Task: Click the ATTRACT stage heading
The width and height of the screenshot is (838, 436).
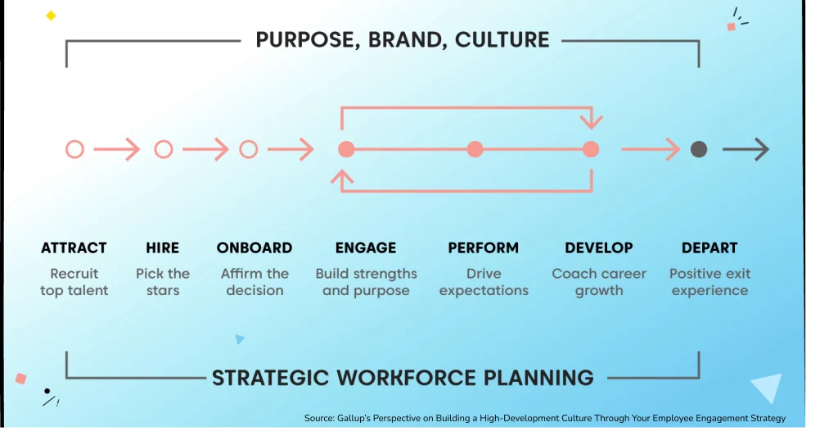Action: (x=74, y=248)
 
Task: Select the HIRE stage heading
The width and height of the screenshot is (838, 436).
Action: (x=163, y=248)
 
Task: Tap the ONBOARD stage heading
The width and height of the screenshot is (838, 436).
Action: (x=255, y=248)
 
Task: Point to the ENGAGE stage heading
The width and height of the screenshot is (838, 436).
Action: (x=366, y=248)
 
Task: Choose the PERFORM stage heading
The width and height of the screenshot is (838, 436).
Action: (x=483, y=248)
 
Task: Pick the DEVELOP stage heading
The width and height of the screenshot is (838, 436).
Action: (x=598, y=248)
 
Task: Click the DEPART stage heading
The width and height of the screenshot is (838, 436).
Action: (x=710, y=248)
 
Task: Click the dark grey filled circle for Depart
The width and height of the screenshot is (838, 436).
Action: (x=699, y=149)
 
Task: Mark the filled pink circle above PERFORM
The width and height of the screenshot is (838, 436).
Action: (x=475, y=149)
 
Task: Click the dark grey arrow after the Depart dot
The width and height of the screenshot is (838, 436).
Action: (x=746, y=149)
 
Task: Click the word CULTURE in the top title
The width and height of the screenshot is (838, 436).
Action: (x=502, y=39)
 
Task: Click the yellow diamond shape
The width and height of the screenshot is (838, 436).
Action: (x=51, y=16)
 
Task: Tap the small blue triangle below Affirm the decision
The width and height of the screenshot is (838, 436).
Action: (x=240, y=338)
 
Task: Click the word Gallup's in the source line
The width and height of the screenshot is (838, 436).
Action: (x=354, y=418)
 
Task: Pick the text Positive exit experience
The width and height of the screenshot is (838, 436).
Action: (x=710, y=282)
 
